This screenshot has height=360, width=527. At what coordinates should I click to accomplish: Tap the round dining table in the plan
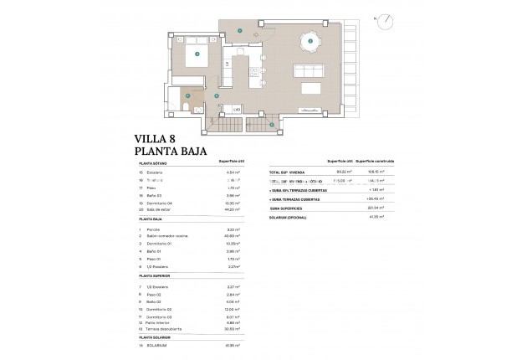point(310,40)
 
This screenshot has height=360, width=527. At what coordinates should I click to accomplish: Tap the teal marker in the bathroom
point(188,96)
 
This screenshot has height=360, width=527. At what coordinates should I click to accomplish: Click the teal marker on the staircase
point(271,125)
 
